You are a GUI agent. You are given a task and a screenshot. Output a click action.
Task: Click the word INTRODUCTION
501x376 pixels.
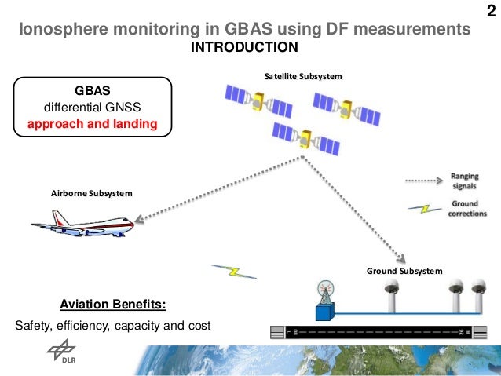coord(244,47)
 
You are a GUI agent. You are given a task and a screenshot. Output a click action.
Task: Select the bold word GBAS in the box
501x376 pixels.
coord(93,90)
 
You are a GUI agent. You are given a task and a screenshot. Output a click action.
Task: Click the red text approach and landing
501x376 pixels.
coord(93,123)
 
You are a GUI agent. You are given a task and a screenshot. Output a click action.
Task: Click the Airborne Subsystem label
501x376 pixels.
coord(91,193)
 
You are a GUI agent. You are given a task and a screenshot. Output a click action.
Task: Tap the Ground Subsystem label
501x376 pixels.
coord(404,270)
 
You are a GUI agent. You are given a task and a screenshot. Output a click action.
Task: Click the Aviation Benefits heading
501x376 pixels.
coord(112,304)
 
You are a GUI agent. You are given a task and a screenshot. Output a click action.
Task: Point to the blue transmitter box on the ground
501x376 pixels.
coord(324,312)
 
